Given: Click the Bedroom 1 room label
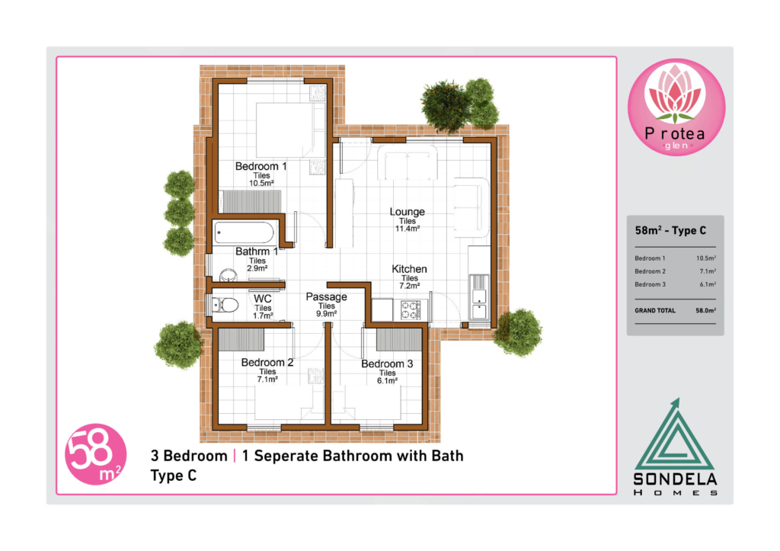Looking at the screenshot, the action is coord(261,166).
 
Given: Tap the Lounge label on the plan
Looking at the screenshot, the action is coord(407,212).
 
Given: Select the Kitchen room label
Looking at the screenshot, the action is coord(409,269).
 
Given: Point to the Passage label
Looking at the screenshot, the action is coord(326,297).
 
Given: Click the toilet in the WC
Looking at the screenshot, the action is coord(225,305).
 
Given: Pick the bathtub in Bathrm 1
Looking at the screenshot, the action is coord(244,233).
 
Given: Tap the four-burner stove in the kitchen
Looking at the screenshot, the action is coord(411,310).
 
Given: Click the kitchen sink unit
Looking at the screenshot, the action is coord(479,297).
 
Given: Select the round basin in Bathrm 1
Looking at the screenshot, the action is coord(229,275).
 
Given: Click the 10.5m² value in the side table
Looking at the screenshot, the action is coord(706,258).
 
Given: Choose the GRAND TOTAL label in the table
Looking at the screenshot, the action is coord(654,311).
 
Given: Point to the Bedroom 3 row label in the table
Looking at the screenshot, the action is coord(650,285).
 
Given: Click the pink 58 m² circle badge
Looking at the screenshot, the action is coord(95,454).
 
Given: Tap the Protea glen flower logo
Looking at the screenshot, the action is coord(676,107).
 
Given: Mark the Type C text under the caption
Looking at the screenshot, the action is coord(174,476).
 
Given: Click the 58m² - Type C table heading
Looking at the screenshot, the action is coord(670,230).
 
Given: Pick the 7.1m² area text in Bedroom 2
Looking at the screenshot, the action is coord(267,380).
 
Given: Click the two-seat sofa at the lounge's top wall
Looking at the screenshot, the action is coord(408,162).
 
